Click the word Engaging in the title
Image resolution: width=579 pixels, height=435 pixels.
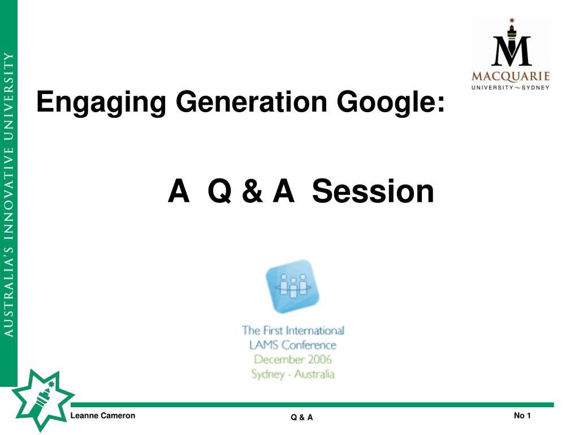click(x=101, y=103)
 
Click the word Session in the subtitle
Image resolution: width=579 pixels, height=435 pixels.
click(x=373, y=191)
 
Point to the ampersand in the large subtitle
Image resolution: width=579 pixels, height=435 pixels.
click(x=253, y=191)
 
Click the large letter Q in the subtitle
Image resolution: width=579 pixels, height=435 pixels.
click(x=220, y=191)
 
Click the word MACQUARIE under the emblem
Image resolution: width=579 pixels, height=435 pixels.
click(x=511, y=76)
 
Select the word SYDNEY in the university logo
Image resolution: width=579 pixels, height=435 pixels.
click(x=535, y=88)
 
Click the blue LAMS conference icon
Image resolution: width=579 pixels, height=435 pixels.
click(x=293, y=286)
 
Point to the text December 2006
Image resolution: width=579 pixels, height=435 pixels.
click(x=293, y=359)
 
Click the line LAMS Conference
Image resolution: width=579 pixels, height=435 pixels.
click(x=293, y=345)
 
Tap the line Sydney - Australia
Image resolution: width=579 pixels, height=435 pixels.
click(x=293, y=374)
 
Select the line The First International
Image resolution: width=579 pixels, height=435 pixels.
click(x=293, y=330)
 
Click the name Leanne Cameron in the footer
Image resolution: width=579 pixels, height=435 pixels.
click(x=103, y=415)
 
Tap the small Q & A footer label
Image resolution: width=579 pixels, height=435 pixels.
click(x=302, y=417)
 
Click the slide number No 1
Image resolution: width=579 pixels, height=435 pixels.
click(x=522, y=415)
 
